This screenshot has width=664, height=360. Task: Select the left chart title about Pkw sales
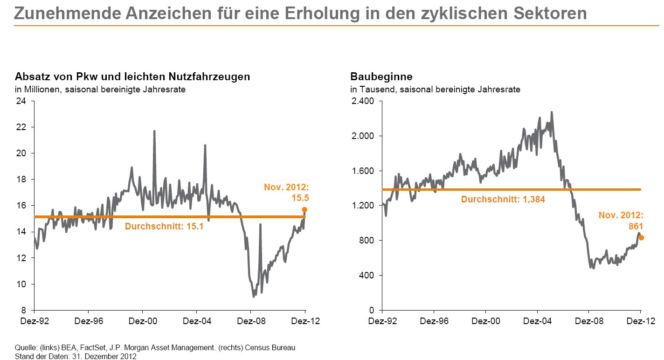(x=132, y=77)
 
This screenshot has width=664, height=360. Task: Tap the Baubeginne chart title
(x=381, y=77)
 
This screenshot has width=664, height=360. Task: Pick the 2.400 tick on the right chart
(x=362, y=101)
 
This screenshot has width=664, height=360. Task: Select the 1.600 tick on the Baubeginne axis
(x=362, y=171)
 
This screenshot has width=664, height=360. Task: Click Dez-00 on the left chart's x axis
(x=142, y=321)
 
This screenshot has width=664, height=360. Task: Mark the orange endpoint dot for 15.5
(x=304, y=210)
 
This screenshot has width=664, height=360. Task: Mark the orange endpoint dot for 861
(x=641, y=238)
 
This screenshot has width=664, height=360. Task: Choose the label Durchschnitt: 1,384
(x=503, y=200)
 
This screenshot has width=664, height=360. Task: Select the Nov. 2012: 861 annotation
(x=621, y=221)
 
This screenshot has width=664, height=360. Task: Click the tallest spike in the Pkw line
(x=154, y=132)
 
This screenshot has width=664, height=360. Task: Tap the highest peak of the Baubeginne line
(x=552, y=112)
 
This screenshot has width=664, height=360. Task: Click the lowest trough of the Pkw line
(x=253, y=296)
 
